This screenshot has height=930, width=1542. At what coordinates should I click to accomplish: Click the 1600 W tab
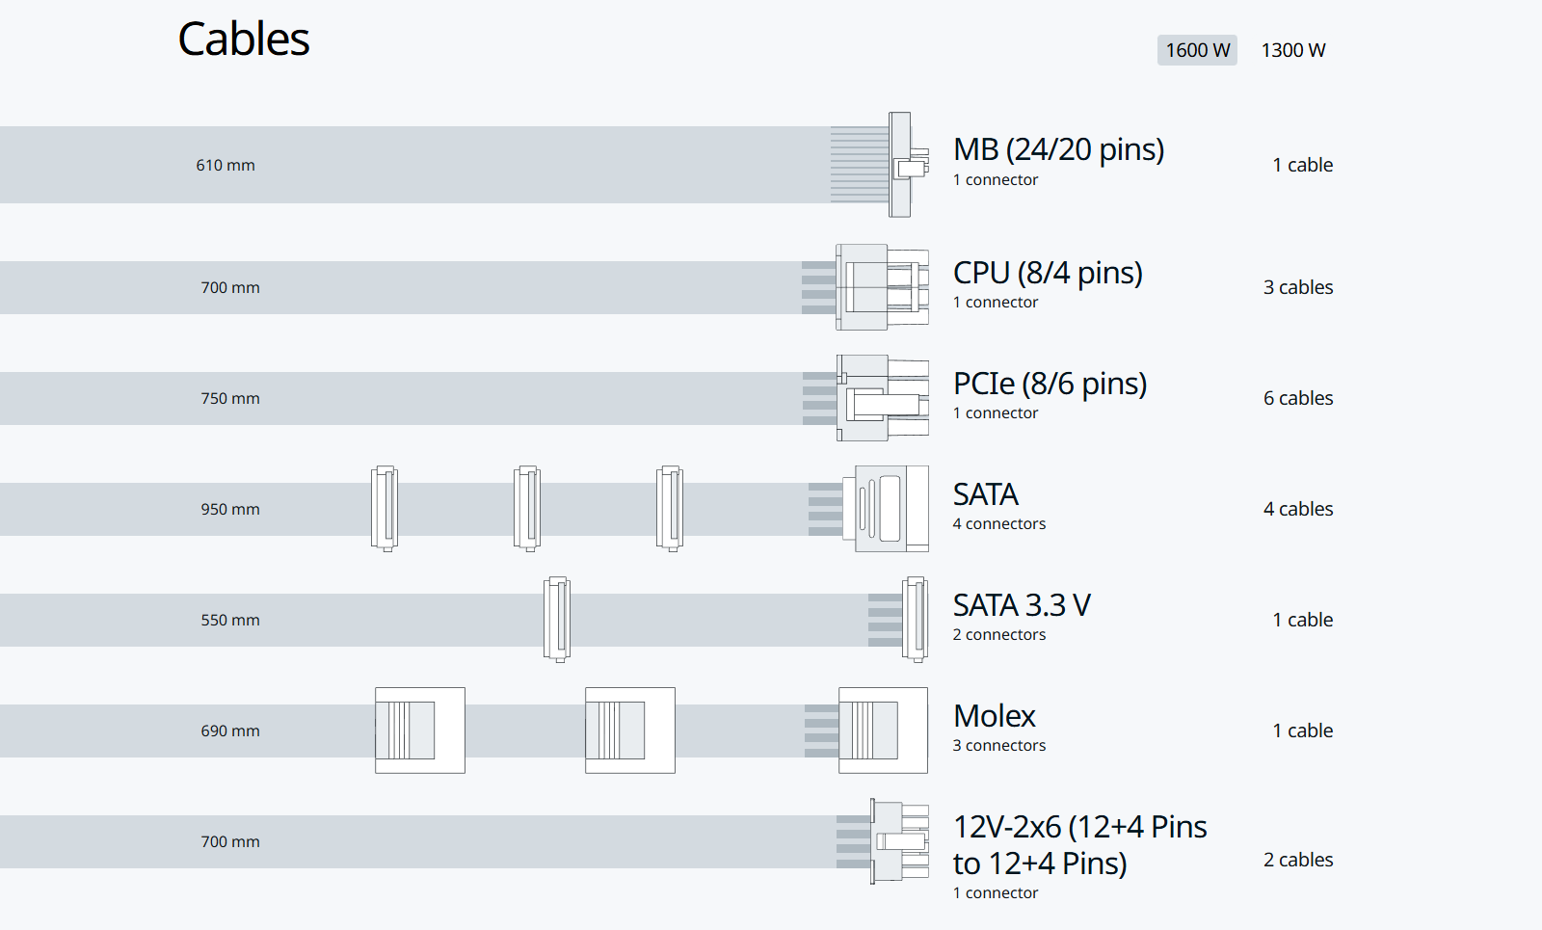1197,50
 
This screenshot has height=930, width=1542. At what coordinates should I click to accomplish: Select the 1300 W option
1293,50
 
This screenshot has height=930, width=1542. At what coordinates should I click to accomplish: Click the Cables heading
244,40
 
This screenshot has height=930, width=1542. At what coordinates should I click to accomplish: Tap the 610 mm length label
226,165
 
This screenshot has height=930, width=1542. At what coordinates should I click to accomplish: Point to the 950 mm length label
230,509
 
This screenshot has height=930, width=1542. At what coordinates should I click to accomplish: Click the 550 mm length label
230,620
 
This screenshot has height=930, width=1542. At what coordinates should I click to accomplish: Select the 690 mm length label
230,731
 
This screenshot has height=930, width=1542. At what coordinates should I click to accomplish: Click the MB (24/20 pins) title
1058,149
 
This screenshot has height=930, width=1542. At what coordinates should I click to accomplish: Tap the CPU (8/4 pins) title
1048,273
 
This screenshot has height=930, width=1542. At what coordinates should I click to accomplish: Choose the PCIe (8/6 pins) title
1050,384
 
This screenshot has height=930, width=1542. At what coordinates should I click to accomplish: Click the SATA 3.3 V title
1022,605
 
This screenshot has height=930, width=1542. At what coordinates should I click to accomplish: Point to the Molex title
994,716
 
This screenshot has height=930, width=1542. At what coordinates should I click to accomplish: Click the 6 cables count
1298,398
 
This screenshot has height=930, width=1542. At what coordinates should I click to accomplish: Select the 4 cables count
1298,509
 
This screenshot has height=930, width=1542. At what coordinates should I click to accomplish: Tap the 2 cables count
1298,860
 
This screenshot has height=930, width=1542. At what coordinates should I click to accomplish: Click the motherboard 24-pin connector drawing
902,165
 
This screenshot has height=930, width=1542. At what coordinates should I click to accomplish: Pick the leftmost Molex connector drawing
420,731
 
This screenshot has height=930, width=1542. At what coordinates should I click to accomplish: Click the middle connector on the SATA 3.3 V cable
557,620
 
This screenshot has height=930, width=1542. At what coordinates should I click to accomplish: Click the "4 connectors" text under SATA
998,523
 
